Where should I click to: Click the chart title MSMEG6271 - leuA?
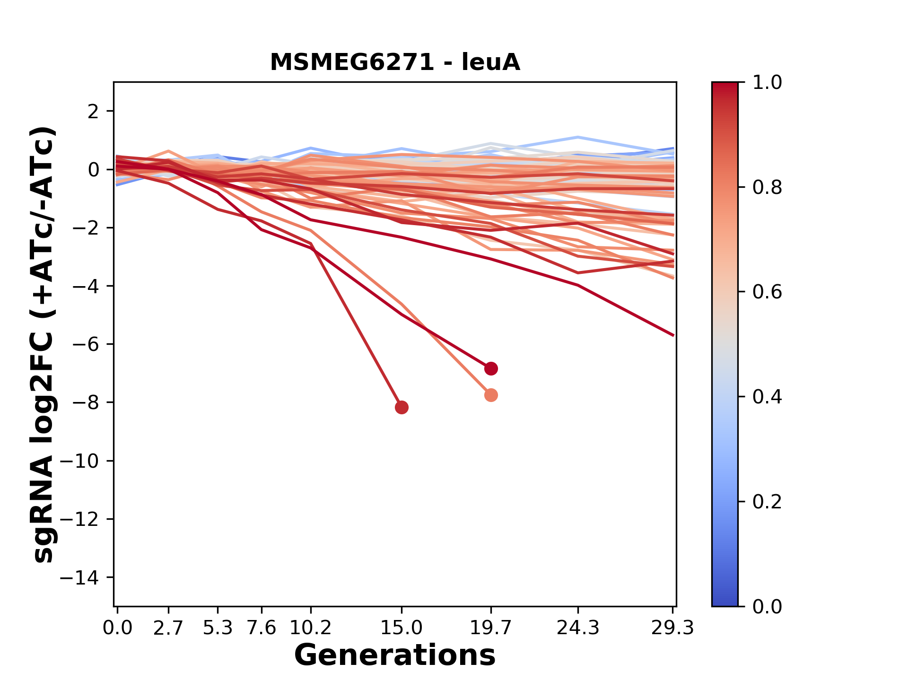395,62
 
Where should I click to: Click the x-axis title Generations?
395,655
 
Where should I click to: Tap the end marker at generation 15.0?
402,407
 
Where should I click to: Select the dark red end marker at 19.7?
491,368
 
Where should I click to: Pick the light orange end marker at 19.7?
491,395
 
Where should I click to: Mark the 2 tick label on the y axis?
93,112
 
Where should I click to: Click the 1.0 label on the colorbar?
767,83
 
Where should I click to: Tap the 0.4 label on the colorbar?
767,397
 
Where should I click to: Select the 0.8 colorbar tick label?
767,188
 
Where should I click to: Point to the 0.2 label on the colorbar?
767,502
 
